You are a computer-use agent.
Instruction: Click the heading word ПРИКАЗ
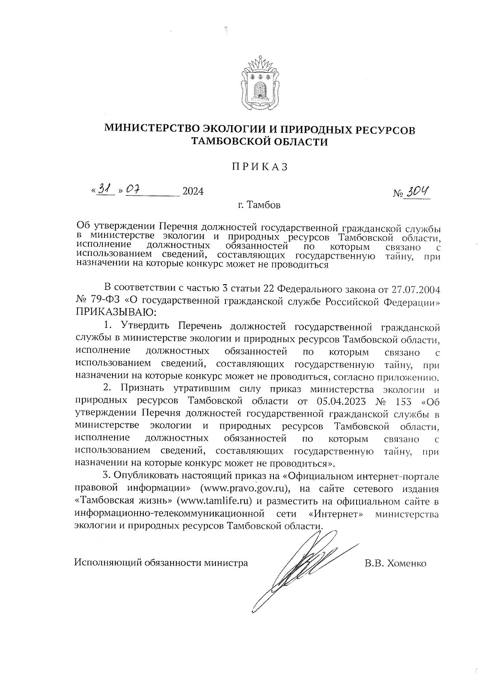260,167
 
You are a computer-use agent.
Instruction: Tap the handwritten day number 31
105,189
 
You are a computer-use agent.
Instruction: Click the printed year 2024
193,191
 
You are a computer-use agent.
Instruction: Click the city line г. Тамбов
259,205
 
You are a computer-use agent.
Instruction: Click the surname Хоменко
406,563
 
